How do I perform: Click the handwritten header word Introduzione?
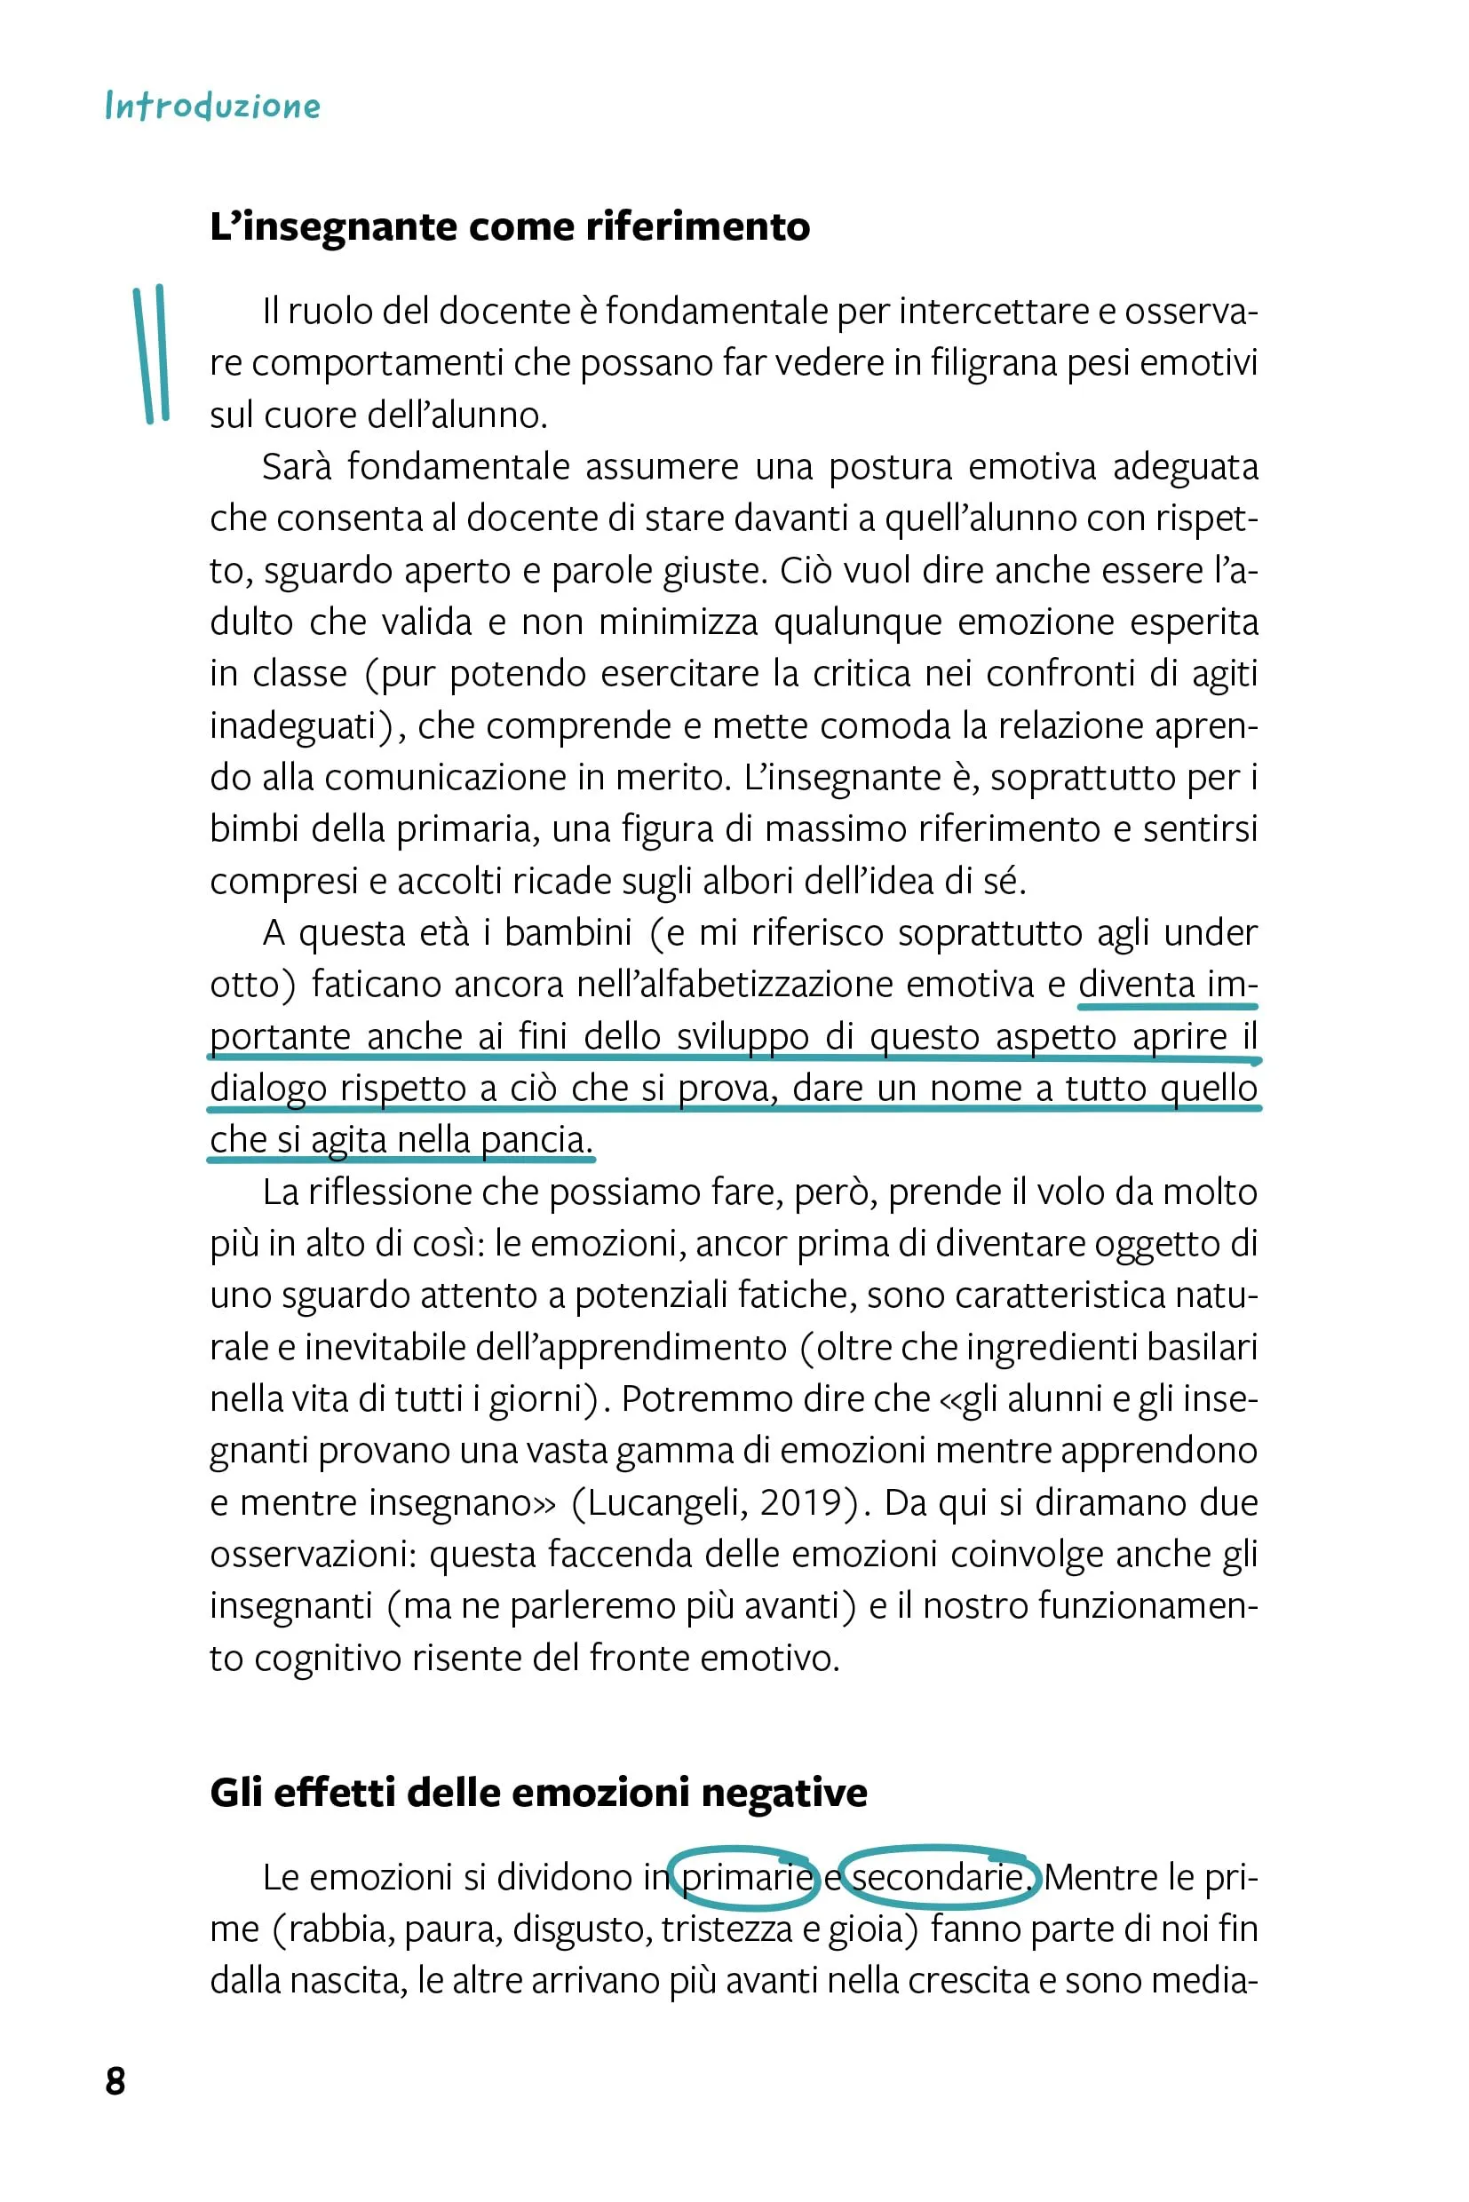(212, 106)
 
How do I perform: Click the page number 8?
(115, 2080)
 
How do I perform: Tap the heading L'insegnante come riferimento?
(510, 226)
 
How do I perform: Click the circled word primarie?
(746, 1877)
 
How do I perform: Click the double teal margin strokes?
(151, 354)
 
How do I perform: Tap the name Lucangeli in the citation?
(666, 1501)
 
